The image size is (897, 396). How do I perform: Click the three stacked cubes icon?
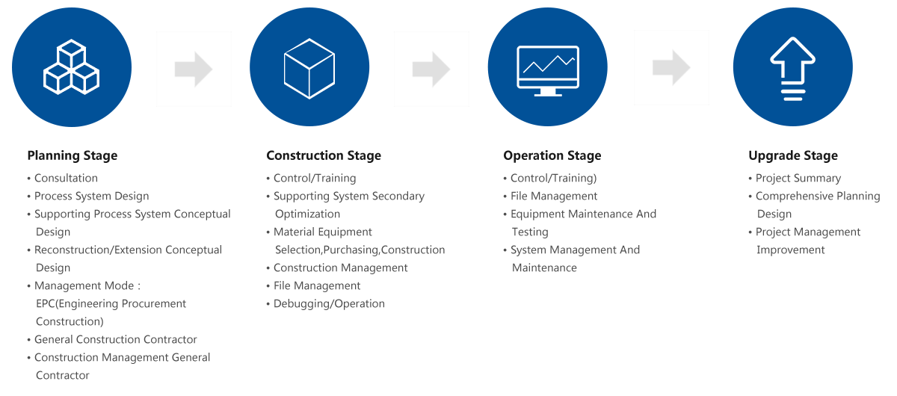coord(72,67)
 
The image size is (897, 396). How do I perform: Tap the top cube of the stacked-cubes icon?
coord(72,52)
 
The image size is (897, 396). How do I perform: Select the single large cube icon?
coord(309,68)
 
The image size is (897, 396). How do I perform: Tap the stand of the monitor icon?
coord(548,93)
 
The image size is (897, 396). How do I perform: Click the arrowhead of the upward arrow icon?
coord(792,49)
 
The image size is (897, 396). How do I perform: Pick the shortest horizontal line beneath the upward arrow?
coord(792,99)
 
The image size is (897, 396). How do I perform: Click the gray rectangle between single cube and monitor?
coord(431,69)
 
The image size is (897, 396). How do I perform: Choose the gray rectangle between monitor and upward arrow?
coord(670,67)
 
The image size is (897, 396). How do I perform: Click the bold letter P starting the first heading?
coord(31,155)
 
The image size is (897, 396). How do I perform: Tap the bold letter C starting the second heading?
coord(271,155)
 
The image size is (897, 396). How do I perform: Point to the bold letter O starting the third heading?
coord(508,155)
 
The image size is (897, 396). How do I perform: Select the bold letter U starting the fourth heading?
coord(752,155)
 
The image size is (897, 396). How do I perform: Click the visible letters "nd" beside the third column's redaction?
coord(651,214)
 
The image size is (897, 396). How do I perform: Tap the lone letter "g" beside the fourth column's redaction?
coord(877,197)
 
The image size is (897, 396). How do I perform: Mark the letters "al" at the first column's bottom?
coord(207,357)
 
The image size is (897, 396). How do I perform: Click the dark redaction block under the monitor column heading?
coord(579,222)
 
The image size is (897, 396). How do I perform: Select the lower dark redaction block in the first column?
coord(120,330)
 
